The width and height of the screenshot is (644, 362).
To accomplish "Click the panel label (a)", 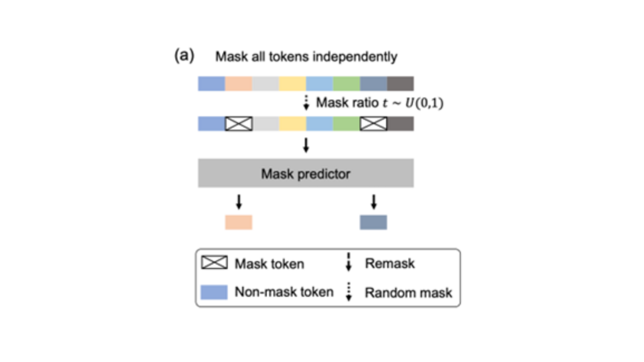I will [x=184, y=56].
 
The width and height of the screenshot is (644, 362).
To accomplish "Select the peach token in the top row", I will [x=238, y=84].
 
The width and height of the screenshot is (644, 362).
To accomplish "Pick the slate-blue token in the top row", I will [x=373, y=84].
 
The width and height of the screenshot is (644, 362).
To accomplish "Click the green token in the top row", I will [x=346, y=84].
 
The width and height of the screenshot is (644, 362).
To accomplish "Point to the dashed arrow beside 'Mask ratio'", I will [x=306, y=102].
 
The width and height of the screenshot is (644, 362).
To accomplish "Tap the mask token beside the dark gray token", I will [x=373, y=124].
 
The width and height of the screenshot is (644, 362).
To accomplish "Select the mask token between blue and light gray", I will [x=238, y=124].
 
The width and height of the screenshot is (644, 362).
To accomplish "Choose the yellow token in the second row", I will [x=292, y=124].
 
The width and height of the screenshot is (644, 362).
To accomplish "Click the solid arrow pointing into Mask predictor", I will [x=306, y=145].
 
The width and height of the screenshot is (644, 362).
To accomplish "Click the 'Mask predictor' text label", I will [x=305, y=173].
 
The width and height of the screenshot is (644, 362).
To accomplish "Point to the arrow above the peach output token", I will [x=239, y=202].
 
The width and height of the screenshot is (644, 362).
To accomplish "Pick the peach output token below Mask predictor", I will [x=238, y=222].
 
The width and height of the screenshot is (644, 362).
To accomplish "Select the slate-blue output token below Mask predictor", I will [x=373, y=222].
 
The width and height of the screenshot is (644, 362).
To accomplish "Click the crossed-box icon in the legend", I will [x=214, y=263].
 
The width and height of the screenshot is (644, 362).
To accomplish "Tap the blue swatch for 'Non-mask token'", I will [x=214, y=292].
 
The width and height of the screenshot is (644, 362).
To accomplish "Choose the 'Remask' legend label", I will [x=390, y=263].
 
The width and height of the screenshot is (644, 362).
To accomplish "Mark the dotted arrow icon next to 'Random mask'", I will [x=348, y=292].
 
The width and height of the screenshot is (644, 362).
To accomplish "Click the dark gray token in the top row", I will [x=400, y=84].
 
